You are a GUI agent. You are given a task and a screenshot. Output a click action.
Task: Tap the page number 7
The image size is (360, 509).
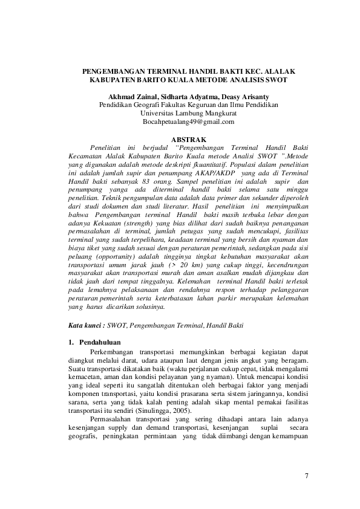point(307,477)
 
